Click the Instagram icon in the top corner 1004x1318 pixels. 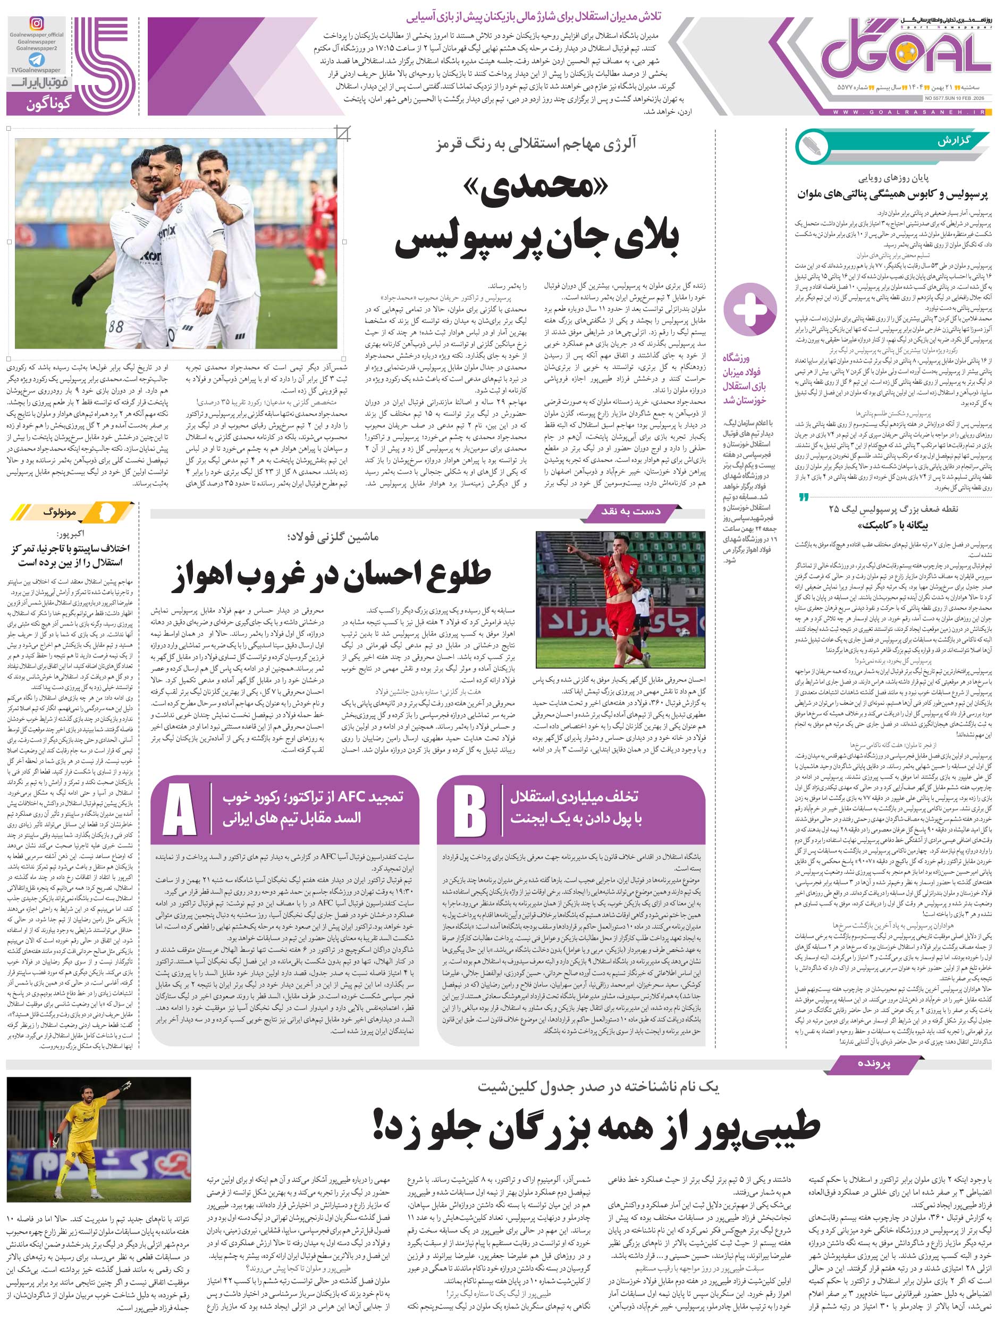(37, 24)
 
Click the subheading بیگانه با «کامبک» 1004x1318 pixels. (893, 525)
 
